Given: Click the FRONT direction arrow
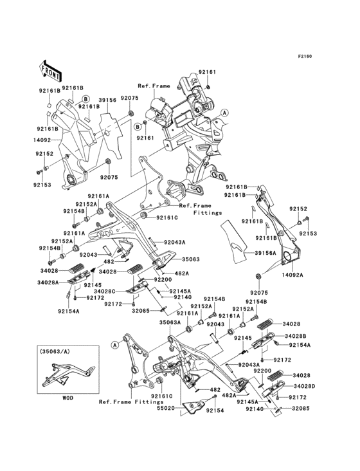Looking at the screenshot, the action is [x=50, y=72].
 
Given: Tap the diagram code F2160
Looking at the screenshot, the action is [x=305, y=56].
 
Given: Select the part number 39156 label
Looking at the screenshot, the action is [x=108, y=100].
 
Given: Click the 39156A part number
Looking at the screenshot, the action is [x=265, y=253].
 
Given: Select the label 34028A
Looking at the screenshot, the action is [x=47, y=282].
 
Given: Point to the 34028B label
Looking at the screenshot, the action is [x=295, y=336].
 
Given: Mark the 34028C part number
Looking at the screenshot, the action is [x=104, y=291].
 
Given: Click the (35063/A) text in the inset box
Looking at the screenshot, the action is [x=52, y=351].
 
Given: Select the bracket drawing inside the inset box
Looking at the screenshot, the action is [x=68, y=374].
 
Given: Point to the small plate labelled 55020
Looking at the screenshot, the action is [x=195, y=407].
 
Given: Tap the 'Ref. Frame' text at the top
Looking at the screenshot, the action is [x=154, y=86].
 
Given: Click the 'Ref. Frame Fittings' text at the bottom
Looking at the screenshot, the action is [x=131, y=402].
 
